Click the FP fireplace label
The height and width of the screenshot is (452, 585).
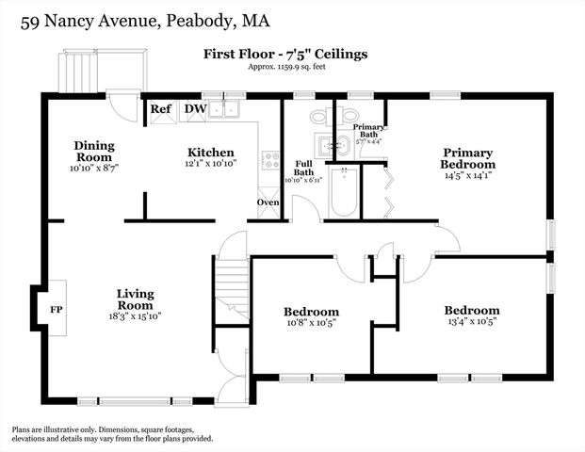pos(55,309)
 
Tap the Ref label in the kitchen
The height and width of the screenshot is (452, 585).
pos(161,108)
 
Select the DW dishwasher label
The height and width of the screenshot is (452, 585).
pos(195,108)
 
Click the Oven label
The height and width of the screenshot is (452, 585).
pos(268,202)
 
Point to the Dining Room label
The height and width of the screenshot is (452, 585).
pos(94,151)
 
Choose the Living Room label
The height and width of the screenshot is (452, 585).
pos(135,299)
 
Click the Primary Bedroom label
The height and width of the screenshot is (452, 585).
pos(468,157)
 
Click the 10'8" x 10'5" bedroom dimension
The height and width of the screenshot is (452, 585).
pos(311,323)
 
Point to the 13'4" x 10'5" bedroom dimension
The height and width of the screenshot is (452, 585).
pos(472,321)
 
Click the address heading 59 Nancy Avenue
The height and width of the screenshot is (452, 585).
pos(140,20)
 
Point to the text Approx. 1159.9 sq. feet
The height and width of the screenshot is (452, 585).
pos(285,69)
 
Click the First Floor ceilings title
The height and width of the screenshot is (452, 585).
pos(285,54)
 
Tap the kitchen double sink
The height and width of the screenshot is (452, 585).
pos(226,109)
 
